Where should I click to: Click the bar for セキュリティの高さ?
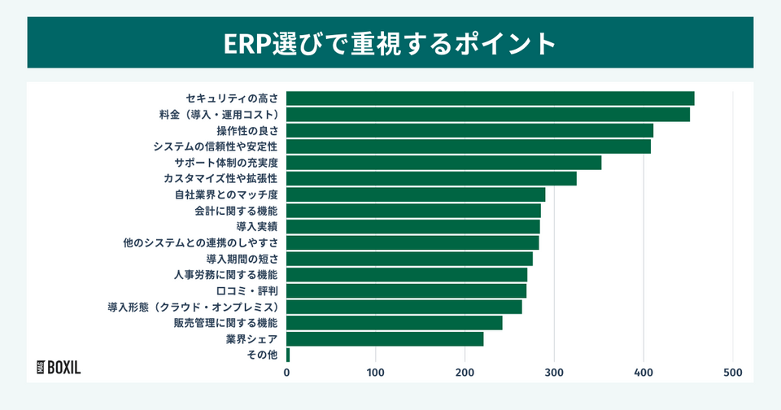(491, 98)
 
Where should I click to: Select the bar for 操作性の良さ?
(470, 130)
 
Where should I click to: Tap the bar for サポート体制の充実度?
(444, 163)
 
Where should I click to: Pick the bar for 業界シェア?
(386, 339)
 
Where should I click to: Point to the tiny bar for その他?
(288, 355)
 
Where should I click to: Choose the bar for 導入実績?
(413, 226)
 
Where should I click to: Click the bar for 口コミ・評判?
(407, 290)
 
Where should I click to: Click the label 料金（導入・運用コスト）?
(219, 115)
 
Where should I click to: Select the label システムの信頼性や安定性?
(216, 146)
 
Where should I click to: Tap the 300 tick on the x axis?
(555, 373)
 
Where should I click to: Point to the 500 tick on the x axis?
(733, 373)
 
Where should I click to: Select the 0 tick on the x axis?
(286, 373)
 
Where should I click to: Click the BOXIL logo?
(59, 367)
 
